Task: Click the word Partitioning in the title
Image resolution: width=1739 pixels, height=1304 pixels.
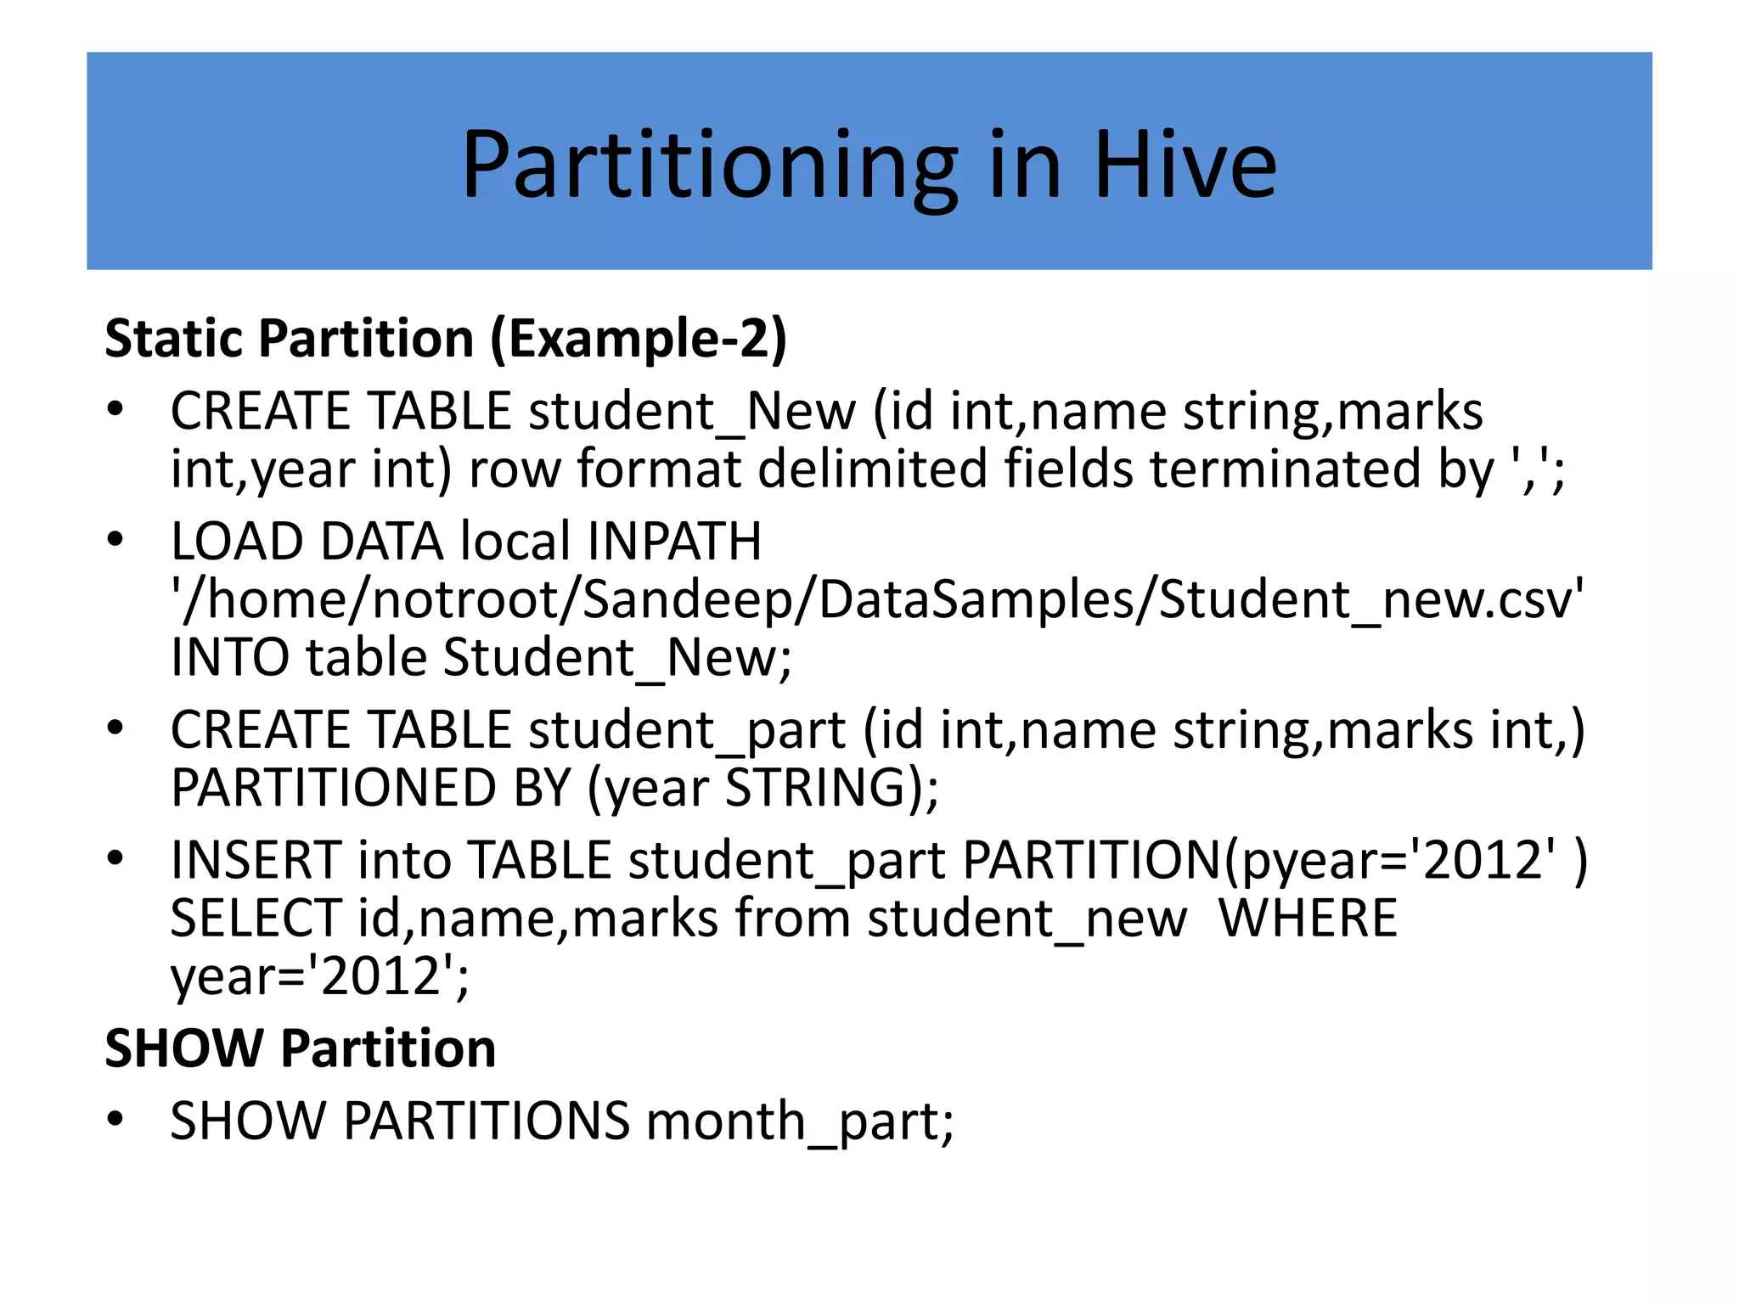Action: pos(710,166)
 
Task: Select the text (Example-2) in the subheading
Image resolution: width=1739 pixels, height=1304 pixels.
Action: pos(639,339)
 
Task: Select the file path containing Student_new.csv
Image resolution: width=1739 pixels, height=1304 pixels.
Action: pos(877,599)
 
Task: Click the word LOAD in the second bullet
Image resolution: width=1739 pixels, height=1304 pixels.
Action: pos(237,542)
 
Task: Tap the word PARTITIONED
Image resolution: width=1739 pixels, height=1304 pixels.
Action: pos(333,788)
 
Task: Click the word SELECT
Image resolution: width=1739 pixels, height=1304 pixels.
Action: pos(256,919)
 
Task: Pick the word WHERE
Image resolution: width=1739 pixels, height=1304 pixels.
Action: pos(1308,919)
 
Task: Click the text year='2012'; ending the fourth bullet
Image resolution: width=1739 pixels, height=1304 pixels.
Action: pos(319,976)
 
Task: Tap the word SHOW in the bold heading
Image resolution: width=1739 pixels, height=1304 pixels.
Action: pos(183,1048)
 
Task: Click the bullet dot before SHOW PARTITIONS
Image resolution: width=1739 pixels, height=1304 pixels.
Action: pos(115,1120)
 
